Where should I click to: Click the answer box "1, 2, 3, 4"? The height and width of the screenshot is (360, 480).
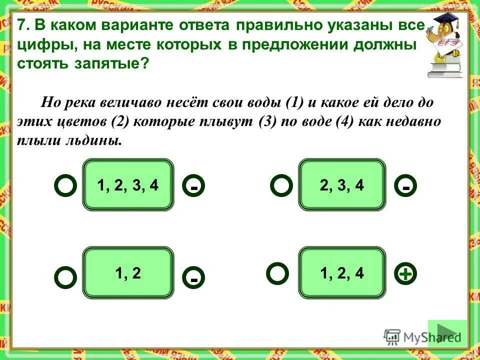(x=128, y=184)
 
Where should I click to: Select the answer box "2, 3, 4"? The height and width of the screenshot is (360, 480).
(x=342, y=184)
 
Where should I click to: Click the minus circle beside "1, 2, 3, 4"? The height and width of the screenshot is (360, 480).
(x=194, y=186)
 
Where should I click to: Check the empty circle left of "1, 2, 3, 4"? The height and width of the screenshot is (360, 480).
(x=65, y=185)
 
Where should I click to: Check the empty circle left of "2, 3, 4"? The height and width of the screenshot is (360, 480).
(x=281, y=185)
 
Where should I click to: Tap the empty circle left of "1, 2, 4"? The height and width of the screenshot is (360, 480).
(x=277, y=273)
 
